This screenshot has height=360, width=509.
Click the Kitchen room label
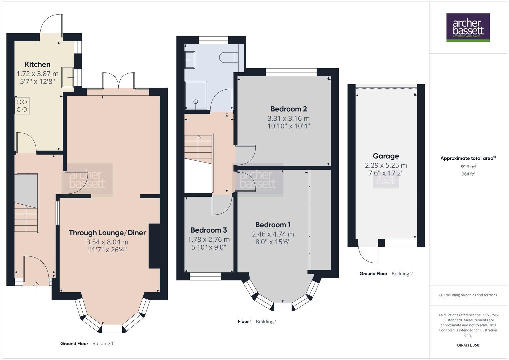tap(37, 64)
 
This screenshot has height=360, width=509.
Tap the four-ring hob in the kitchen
tap(22, 106)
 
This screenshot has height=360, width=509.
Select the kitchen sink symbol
tap(68, 77)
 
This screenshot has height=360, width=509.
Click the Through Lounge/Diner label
tap(107, 233)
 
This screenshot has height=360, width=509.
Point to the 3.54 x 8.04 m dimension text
tap(107, 242)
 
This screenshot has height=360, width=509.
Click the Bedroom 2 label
tap(288, 109)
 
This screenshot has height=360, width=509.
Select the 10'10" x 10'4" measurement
tap(288, 126)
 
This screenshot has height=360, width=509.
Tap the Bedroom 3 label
tap(208, 230)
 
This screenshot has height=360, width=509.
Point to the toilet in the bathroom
tap(228, 57)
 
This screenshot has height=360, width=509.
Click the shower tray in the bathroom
tap(196, 95)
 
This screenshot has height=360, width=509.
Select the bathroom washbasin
tap(190, 60)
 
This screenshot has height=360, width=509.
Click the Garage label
tap(386, 156)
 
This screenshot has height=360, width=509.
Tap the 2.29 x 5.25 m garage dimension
tap(386, 165)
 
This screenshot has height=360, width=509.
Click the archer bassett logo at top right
tap(468, 27)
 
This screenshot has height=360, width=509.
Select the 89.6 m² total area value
tap(468, 167)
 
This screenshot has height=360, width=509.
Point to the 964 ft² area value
tap(468, 174)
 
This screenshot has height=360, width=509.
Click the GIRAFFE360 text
tap(468, 345)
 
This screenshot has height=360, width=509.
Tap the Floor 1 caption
tap(244, 321)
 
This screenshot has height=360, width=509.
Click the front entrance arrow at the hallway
tap(36, 284)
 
